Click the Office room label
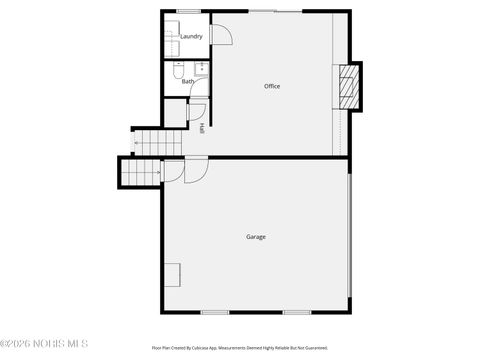click(272, 86)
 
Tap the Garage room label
click(256, 237)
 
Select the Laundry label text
click(191, 36)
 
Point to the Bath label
click(188, 82)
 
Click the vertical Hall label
click(202, 128)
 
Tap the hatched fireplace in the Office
click(347, 88)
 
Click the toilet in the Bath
click(176, 71)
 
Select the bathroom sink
click(201, 70)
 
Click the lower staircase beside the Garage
click(140, 173)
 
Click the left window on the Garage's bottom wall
click(215, 313)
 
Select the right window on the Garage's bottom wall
click(296, 313)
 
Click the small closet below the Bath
click(176, 113)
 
